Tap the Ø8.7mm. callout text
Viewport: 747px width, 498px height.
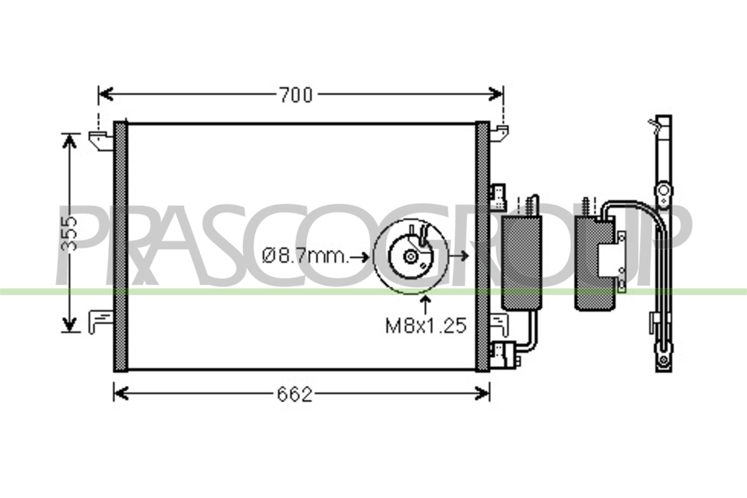(x=305, y=256)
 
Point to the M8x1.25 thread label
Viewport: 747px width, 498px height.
(x=426, y=326)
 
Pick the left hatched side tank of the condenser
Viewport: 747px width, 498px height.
(x=121, y=247)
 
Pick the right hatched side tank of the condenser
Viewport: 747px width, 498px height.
(x=482, y=247)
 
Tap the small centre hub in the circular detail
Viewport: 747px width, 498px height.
(x=410, y=256)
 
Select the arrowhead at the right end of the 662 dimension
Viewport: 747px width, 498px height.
(x=483, y=394)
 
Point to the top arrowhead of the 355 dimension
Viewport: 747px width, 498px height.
(x=69, y=141)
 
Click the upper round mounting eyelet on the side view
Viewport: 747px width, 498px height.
(x=664, y=191)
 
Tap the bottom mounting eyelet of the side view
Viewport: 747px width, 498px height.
(x=664, y=359)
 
